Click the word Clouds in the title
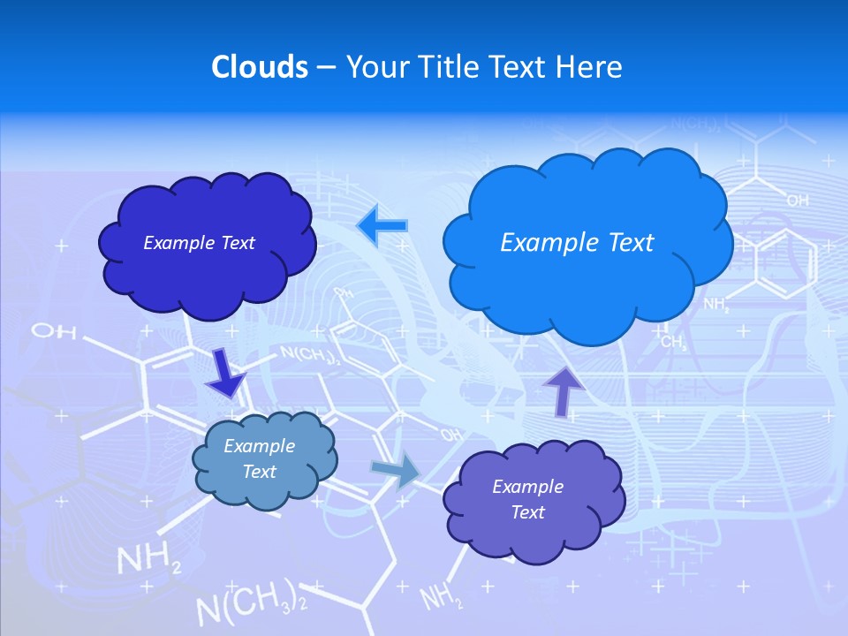tap(260, 67)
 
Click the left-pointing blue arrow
tap(382, 225)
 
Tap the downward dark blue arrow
tap(225, 373)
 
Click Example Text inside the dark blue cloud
tap(199, 243)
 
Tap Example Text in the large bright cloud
tap(577, 243)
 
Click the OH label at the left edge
tap(53, 332)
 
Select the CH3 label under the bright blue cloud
tap(673, 342)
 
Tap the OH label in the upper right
tap(797, 201)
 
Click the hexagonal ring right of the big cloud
tap(784, 263)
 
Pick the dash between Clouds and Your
tap(326, 67)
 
